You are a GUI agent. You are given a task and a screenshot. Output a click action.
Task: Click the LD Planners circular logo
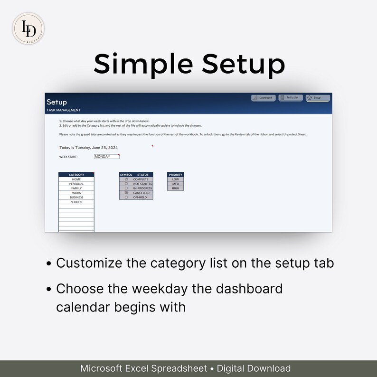click(x=28, y=28)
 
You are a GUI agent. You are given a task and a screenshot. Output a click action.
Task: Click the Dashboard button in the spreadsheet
click(x=264, y=98)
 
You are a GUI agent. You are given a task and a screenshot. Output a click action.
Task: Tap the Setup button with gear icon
click(x=318, y=98)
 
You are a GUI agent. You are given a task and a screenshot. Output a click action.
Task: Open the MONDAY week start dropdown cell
click(x=106, y=156)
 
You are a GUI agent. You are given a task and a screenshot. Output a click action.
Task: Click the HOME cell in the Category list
click(x=76, y=179)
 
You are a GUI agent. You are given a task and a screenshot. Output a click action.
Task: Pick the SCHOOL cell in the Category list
click(x=76, y=202)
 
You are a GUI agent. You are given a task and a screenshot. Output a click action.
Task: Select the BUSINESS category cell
click(x=76, y=198)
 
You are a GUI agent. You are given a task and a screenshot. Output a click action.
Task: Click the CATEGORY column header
click(x=76, y=175)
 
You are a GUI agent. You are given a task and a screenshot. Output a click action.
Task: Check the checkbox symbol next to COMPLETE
click(x=126, y=179)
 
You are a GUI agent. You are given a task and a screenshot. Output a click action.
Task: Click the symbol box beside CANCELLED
click(x=126, y=193)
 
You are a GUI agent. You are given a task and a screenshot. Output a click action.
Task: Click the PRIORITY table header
click(x=176, y=175)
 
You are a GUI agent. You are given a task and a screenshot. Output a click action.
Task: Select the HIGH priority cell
click(x=176, y=188)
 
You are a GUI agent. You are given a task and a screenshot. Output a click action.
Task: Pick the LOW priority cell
click(x=176, y=179)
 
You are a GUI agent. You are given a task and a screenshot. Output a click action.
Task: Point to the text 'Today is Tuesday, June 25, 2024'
click(x=89, y=148)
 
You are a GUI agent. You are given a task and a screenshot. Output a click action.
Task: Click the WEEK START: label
click(x=68, y=157)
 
